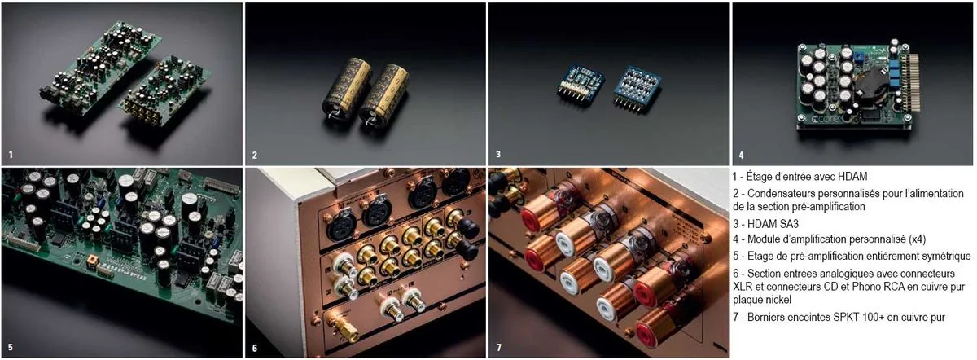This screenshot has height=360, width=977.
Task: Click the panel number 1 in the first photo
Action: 11,153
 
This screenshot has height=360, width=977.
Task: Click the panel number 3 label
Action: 498,153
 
